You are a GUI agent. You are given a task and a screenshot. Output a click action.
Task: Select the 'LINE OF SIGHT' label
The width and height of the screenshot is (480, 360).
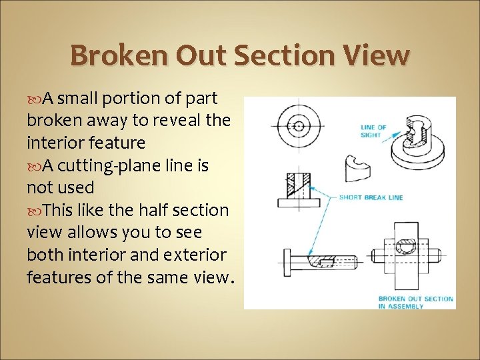click(x=373, y=131)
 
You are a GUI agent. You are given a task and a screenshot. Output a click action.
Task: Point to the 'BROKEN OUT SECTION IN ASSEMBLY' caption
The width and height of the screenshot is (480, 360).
click(x=415, y=302)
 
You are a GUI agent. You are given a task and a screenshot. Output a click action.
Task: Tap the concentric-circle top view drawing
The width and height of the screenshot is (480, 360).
click(x=299, y=126)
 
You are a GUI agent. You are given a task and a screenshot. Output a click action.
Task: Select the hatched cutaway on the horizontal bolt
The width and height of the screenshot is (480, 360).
click(x=321, y=260)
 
